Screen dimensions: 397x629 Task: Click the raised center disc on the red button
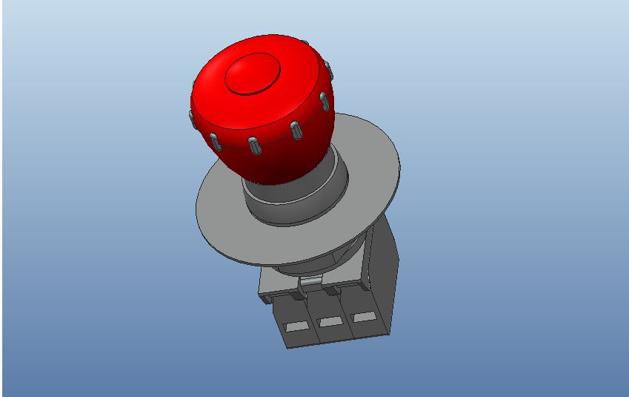(253, 74)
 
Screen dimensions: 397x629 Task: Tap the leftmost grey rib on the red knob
(190, 118)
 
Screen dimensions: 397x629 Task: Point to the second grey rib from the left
(214, 140)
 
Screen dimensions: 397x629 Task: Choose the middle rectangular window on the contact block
(329, 321)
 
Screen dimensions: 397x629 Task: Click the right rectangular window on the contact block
(362, 318)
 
